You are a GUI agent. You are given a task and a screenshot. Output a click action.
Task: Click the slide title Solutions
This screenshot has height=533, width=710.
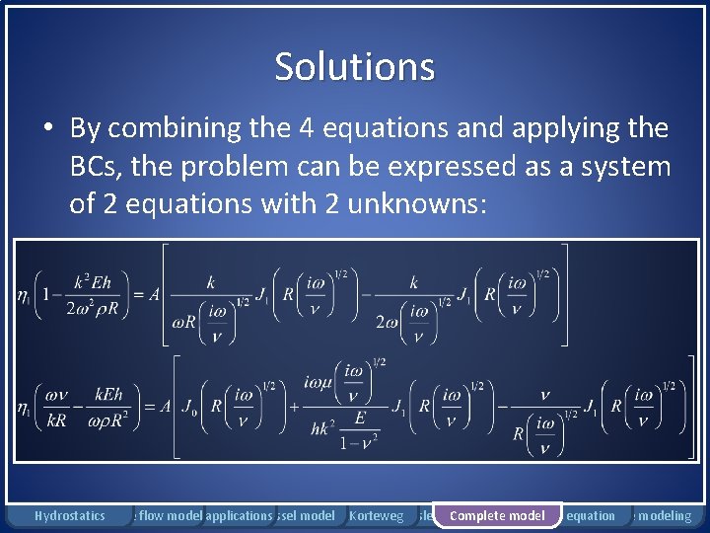pyautogui.click(x=354, y=67)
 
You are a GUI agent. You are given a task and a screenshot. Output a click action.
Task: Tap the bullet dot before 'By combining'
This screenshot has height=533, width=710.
pyautogui.click(x=46, y=129)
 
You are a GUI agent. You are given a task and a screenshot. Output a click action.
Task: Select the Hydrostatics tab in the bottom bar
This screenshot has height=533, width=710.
pyautogui.click(x=69, y=515)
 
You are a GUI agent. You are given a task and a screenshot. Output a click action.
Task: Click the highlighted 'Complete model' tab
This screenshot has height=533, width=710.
pyautogui.click(x=497, y=515)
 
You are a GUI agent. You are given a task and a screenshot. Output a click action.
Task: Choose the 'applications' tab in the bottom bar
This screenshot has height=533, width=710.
pyautogui.click(x=239, y=515)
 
